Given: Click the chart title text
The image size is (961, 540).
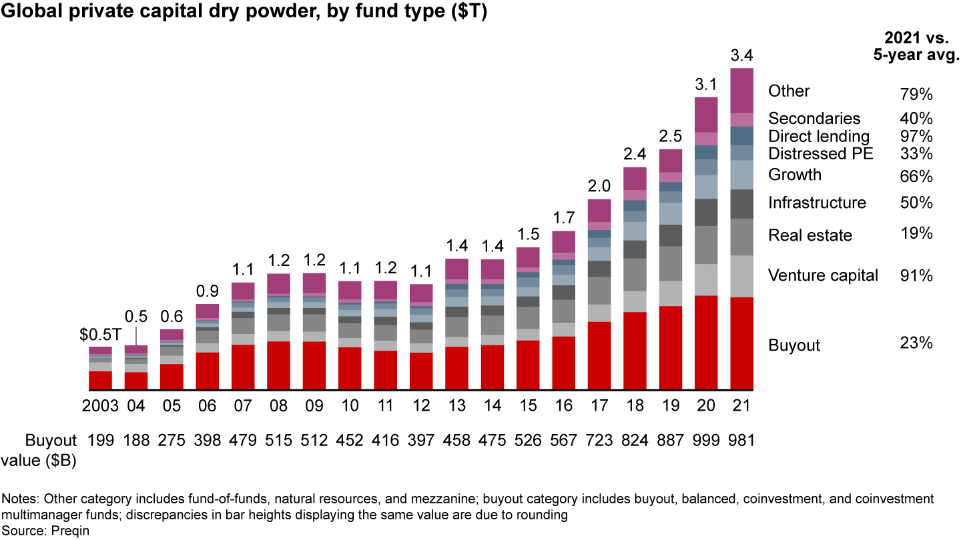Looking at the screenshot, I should click(244, 13).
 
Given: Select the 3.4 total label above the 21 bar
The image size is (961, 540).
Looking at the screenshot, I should click(742, 55).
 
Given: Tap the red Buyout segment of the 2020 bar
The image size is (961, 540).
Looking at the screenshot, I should click(706, 343).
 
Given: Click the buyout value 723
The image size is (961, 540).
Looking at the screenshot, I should click(599, 440).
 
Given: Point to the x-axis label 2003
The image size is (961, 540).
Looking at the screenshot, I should click(100, 406).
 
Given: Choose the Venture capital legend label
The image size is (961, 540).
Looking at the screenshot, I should click(823, 275).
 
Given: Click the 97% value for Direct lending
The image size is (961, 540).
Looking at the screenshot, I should click(916, 137).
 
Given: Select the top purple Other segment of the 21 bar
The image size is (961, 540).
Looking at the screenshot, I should click(742, 90).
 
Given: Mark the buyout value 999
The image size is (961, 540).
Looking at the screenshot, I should click(706, 440).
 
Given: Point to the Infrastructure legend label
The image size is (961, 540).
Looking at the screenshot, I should click(817, 203).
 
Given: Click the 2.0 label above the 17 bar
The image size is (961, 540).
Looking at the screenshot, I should click(599, 187).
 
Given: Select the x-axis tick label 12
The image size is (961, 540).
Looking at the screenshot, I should click(421, 406).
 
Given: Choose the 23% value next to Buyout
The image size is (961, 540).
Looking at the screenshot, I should click(916, 343).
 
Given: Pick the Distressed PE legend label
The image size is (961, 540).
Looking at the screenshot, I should click(821, 154).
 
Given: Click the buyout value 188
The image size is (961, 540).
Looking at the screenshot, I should click(136, 440).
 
